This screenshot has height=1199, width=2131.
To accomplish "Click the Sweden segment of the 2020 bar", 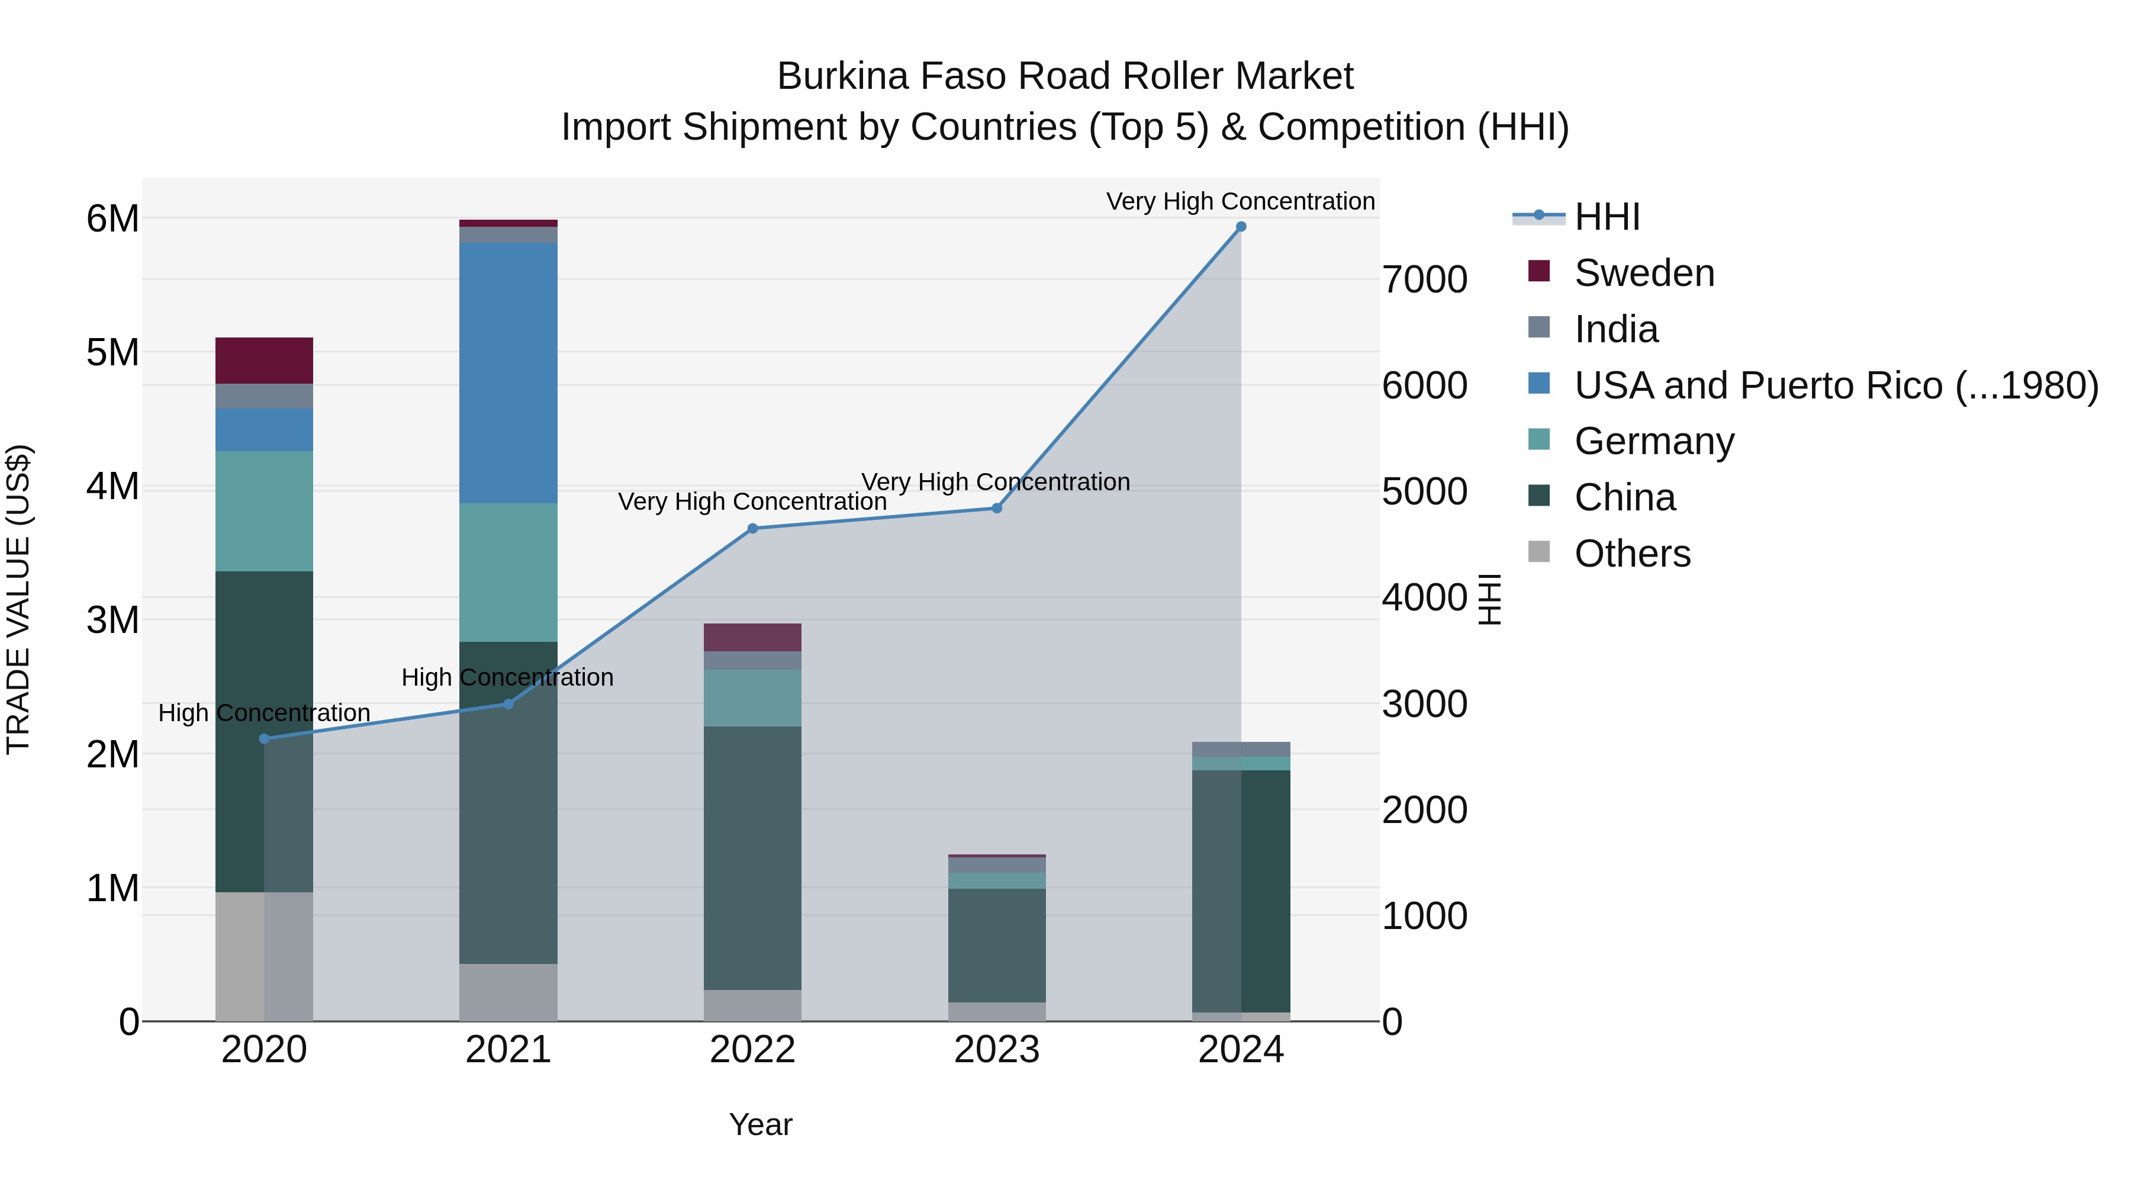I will [264, 360].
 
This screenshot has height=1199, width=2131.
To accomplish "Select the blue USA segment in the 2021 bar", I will [508, 372].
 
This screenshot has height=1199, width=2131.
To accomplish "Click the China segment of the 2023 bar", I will [996, 945].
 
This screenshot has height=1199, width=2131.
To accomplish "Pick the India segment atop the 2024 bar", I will [1240, 749].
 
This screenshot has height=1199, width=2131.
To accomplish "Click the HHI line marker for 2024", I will [1240, 227].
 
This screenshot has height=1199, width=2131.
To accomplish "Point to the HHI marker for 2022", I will [752, 529].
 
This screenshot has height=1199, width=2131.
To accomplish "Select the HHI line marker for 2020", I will [264, 739].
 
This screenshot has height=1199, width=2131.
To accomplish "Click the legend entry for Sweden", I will [1643, 273].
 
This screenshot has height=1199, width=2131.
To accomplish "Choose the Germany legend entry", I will [1653, 441].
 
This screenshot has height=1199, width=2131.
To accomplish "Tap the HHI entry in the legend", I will [1606, 217].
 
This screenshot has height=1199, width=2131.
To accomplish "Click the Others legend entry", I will [1631, 554].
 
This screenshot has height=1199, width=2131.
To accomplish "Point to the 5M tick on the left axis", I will [112, 352].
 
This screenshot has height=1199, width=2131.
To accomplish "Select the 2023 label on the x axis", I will [996, 1050].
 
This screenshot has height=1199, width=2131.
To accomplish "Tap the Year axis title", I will [760, 1124].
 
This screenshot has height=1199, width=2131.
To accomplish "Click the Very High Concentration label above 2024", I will [1240, 201].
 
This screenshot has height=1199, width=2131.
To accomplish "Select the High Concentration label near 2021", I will [507, 677].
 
